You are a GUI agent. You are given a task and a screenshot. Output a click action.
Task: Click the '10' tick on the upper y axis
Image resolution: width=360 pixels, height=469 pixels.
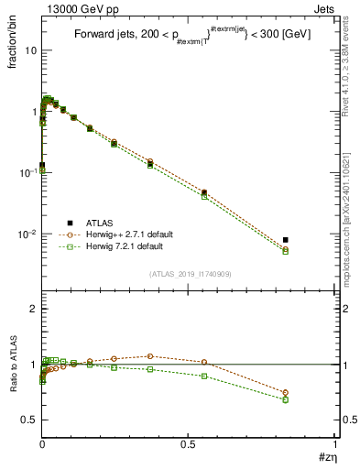pyautogui.click(x=31, y=50)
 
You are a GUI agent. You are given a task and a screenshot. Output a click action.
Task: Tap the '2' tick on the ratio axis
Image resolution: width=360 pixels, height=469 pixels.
pyautogui.click(x=34, y=310)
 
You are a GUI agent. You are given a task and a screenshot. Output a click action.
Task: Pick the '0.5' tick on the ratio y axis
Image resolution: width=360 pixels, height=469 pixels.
pyautogui.click(x=29, y=420)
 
